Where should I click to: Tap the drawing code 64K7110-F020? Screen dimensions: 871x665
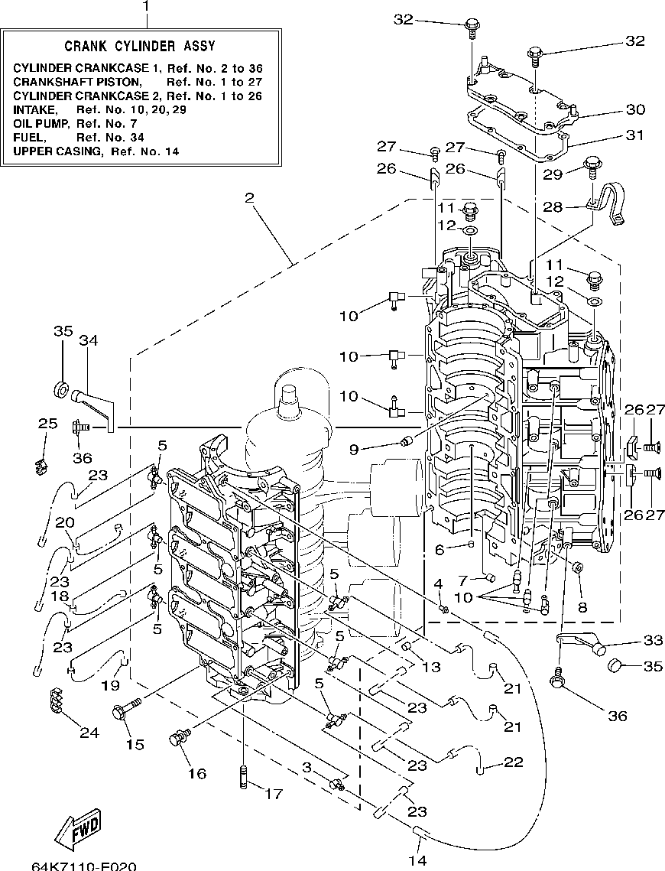(x=84, y=866)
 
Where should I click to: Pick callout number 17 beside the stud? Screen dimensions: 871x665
(x=273, y=794)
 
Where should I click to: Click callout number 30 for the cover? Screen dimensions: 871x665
(x=636, y=109)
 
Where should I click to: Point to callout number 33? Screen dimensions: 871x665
(x=654, y=640)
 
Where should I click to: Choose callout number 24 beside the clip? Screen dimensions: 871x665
(x=89, y=732)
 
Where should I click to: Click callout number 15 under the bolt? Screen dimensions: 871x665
(x=135, y=744)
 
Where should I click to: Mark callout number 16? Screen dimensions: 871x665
(x=196, y=773)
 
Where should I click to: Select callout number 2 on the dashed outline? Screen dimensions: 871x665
(x=249, y=198)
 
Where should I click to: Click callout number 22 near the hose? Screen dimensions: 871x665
(x=513, y=762)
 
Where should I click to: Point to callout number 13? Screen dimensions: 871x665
(x=430, y=667)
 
